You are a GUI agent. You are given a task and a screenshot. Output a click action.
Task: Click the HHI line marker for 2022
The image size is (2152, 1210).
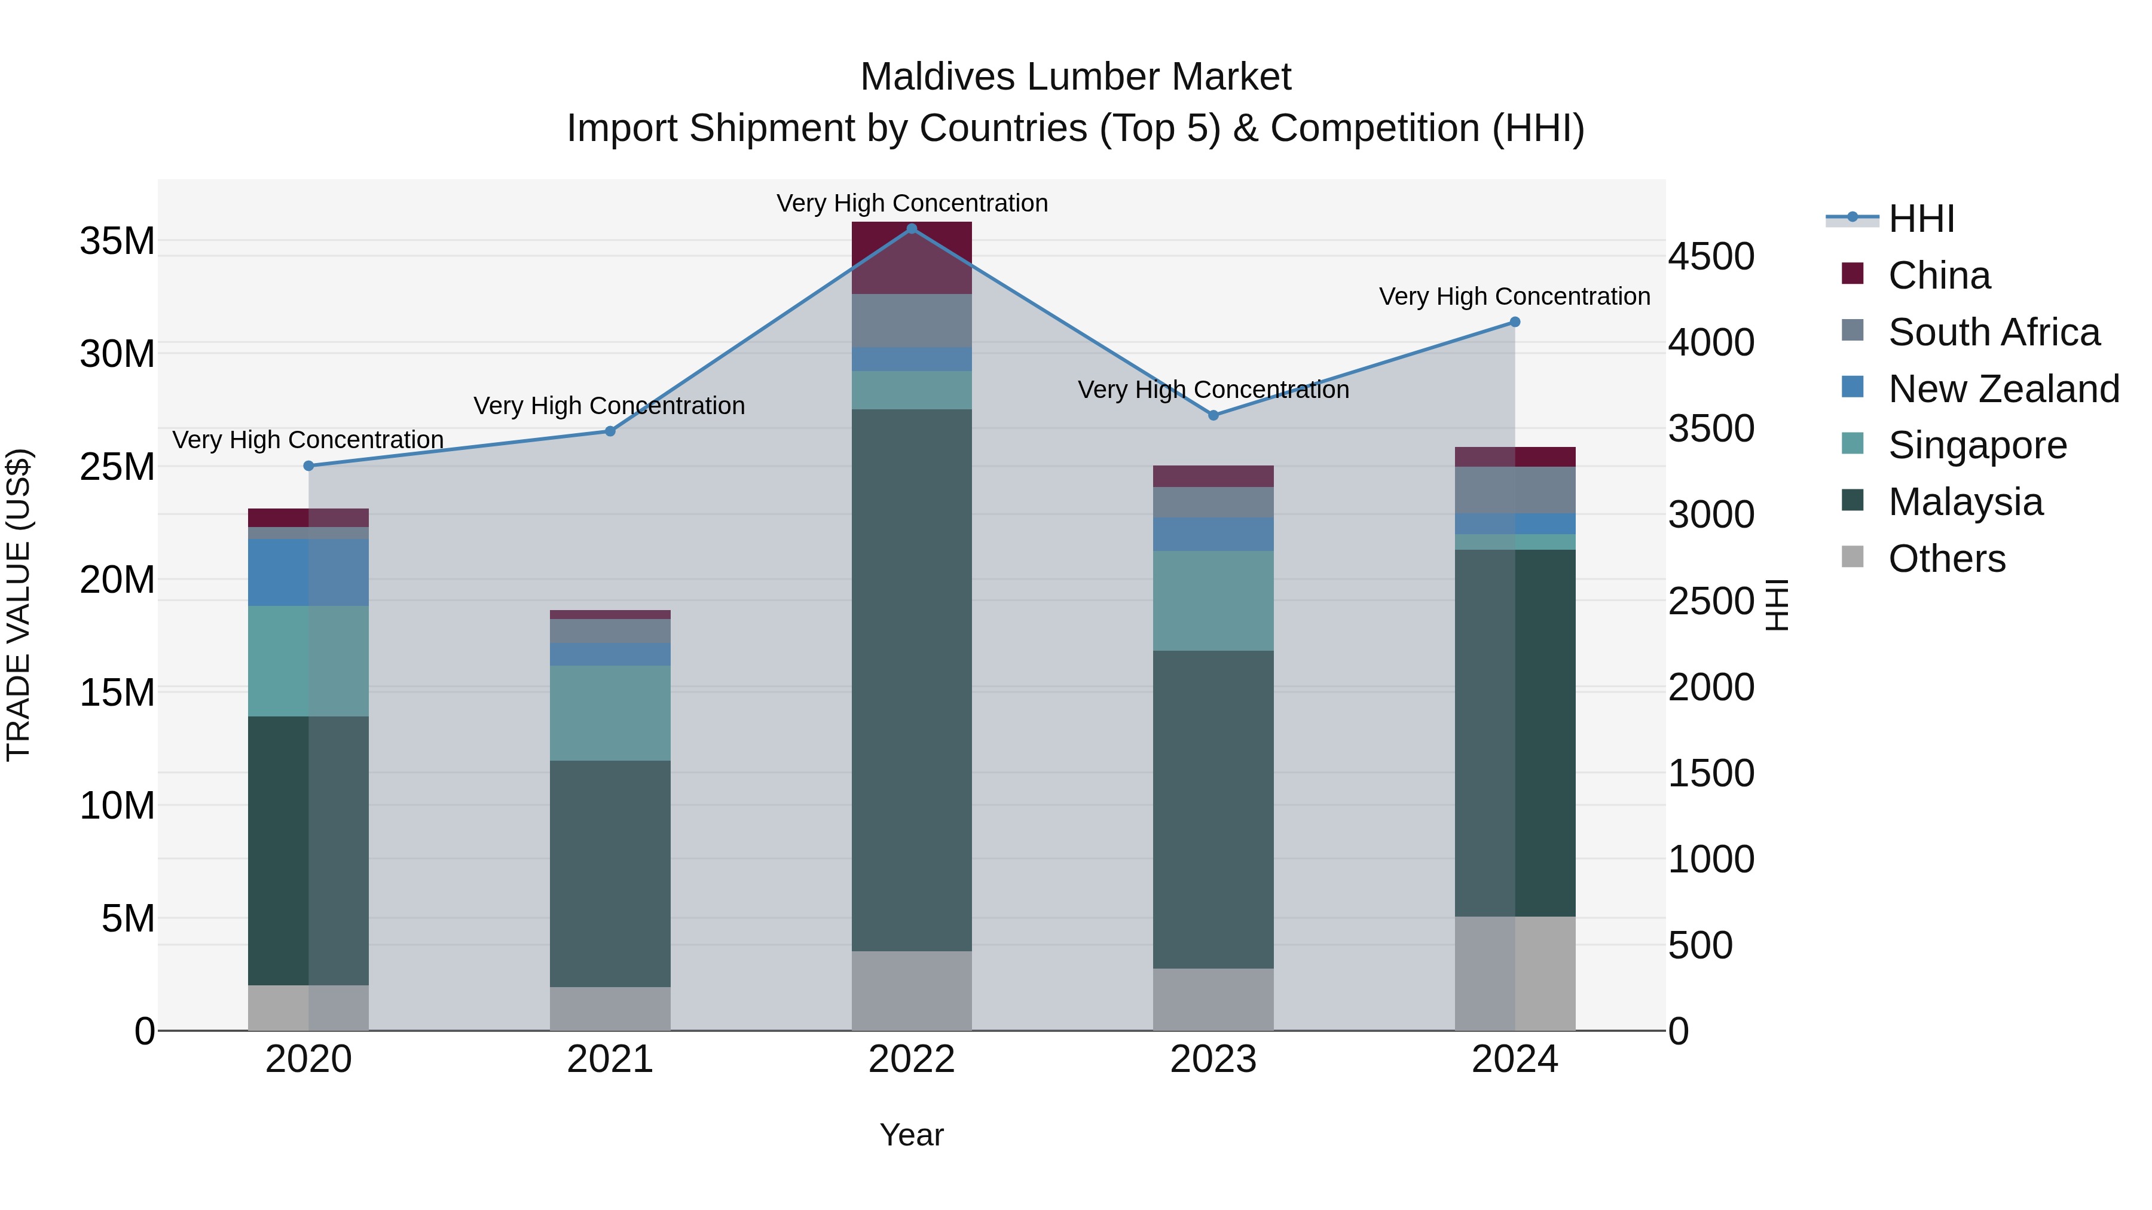pyautogui.click(x=912, y=228)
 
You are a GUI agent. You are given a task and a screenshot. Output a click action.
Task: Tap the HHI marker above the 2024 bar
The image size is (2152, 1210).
pyautogui.click(x=1515, y=322)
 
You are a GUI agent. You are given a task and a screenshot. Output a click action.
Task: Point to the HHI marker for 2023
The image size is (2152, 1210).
pyautogui.click(x=1213, y=415)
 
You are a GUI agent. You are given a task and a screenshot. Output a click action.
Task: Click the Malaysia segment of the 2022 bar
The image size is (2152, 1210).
pyautogui.click(x=912, y=680)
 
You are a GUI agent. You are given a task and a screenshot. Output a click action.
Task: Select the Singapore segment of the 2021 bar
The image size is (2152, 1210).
pyautogui.click(x=610, y=712)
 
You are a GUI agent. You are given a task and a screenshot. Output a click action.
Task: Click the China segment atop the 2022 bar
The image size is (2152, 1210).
pyautogui.click(x=912, y=257)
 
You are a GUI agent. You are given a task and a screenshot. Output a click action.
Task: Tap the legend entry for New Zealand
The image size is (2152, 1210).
pyautogui.click(x=2003, y=389)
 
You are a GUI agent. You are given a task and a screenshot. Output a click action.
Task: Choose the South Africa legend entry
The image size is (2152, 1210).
pyautogui.click(x=1993, y=332)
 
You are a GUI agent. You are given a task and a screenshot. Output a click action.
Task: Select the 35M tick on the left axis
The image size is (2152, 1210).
pyautogui.click(x=117, y=241)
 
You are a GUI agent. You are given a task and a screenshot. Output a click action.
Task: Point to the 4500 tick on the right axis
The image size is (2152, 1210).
pyautogui.click(x=1711, y=256)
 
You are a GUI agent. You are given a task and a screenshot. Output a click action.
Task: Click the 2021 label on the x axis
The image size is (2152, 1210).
pyautogui.click(x=610, y=1059)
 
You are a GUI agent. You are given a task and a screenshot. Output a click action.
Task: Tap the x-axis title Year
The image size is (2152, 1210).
pyautogui.click(x=912, y=1135)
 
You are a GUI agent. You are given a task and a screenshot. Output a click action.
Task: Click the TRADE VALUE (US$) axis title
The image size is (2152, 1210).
pyautogui.click(x=19, y=605)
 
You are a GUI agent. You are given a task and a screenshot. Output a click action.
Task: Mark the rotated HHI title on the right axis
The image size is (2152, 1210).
pyautogui.click(x=1777, y=605)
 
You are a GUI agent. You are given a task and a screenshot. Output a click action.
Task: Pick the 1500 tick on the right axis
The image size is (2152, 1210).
pyautogui.click(x=1711, y=773)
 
